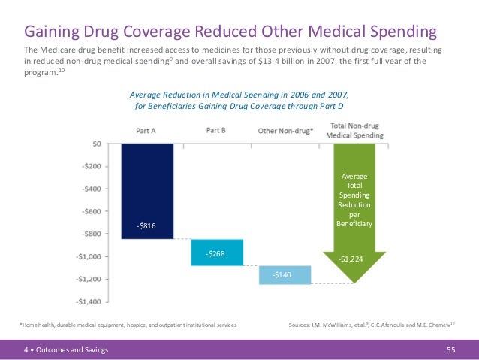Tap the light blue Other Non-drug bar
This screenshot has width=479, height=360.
click(285, 275)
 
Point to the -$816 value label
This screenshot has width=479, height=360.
click(147, 225)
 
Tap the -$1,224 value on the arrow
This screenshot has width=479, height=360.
click(352, 259)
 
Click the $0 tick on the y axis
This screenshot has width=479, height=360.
click(98, 143)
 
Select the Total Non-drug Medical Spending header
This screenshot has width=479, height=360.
click(357, 131)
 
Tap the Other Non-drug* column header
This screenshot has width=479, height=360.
click(286, 131)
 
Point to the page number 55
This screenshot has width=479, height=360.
click(451, 349)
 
